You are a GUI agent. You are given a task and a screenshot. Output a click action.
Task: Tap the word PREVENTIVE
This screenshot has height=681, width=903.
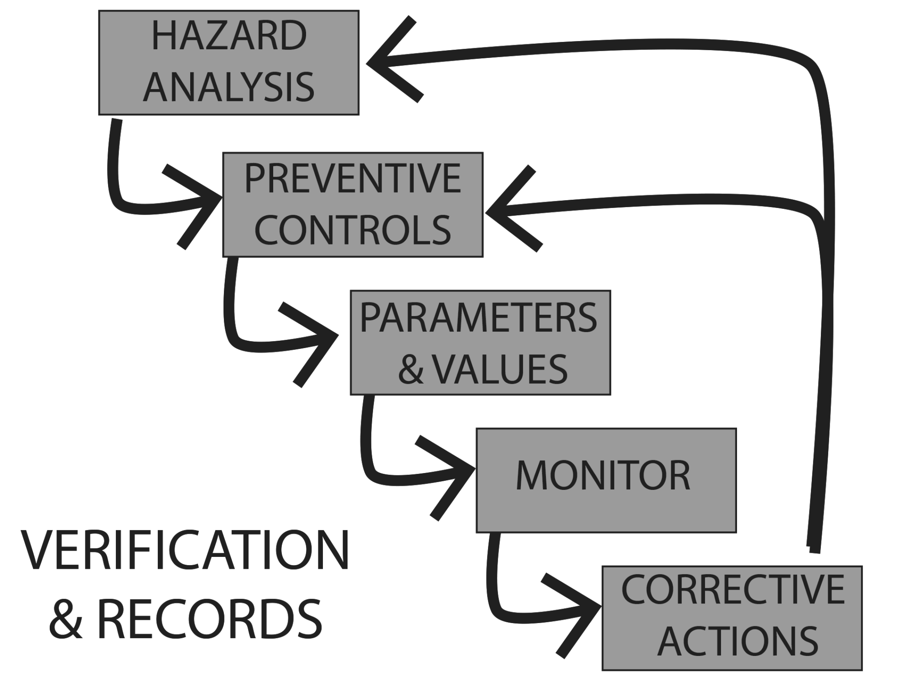(x=353, y=178)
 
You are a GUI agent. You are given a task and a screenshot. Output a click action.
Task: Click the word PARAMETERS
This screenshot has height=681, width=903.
(x=478, y=318)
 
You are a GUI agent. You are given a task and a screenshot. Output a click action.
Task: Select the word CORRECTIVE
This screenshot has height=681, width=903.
(x=732, y=590)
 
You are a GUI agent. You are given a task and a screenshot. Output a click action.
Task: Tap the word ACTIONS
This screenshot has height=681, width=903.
(x=737, y=641)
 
